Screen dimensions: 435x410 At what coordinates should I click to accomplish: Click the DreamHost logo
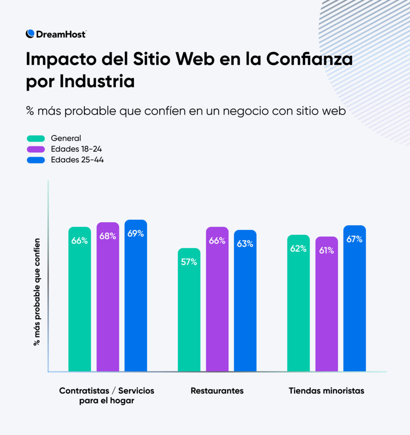click(x=56, y=34)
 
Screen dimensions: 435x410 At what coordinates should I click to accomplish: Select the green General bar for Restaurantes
click(x=189, y=310)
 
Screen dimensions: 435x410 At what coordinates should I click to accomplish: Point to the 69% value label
click(x=135, y=233)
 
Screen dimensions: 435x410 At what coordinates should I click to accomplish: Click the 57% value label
click(x=189, y=262)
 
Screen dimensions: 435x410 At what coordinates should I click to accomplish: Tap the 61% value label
click(x=327, y=251)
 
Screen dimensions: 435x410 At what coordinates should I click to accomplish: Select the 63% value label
click(x=245, y=244)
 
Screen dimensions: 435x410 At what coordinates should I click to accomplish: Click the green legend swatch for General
click(x=36, y=138)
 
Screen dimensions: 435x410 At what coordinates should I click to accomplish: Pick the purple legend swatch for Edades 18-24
click(x=36, y=149)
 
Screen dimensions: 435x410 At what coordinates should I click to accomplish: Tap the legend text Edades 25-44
click(x=77, y=160)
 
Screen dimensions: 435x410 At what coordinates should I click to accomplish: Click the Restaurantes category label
click(x=217, y=391)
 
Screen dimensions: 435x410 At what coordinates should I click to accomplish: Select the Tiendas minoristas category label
click(x=327, y=391)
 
